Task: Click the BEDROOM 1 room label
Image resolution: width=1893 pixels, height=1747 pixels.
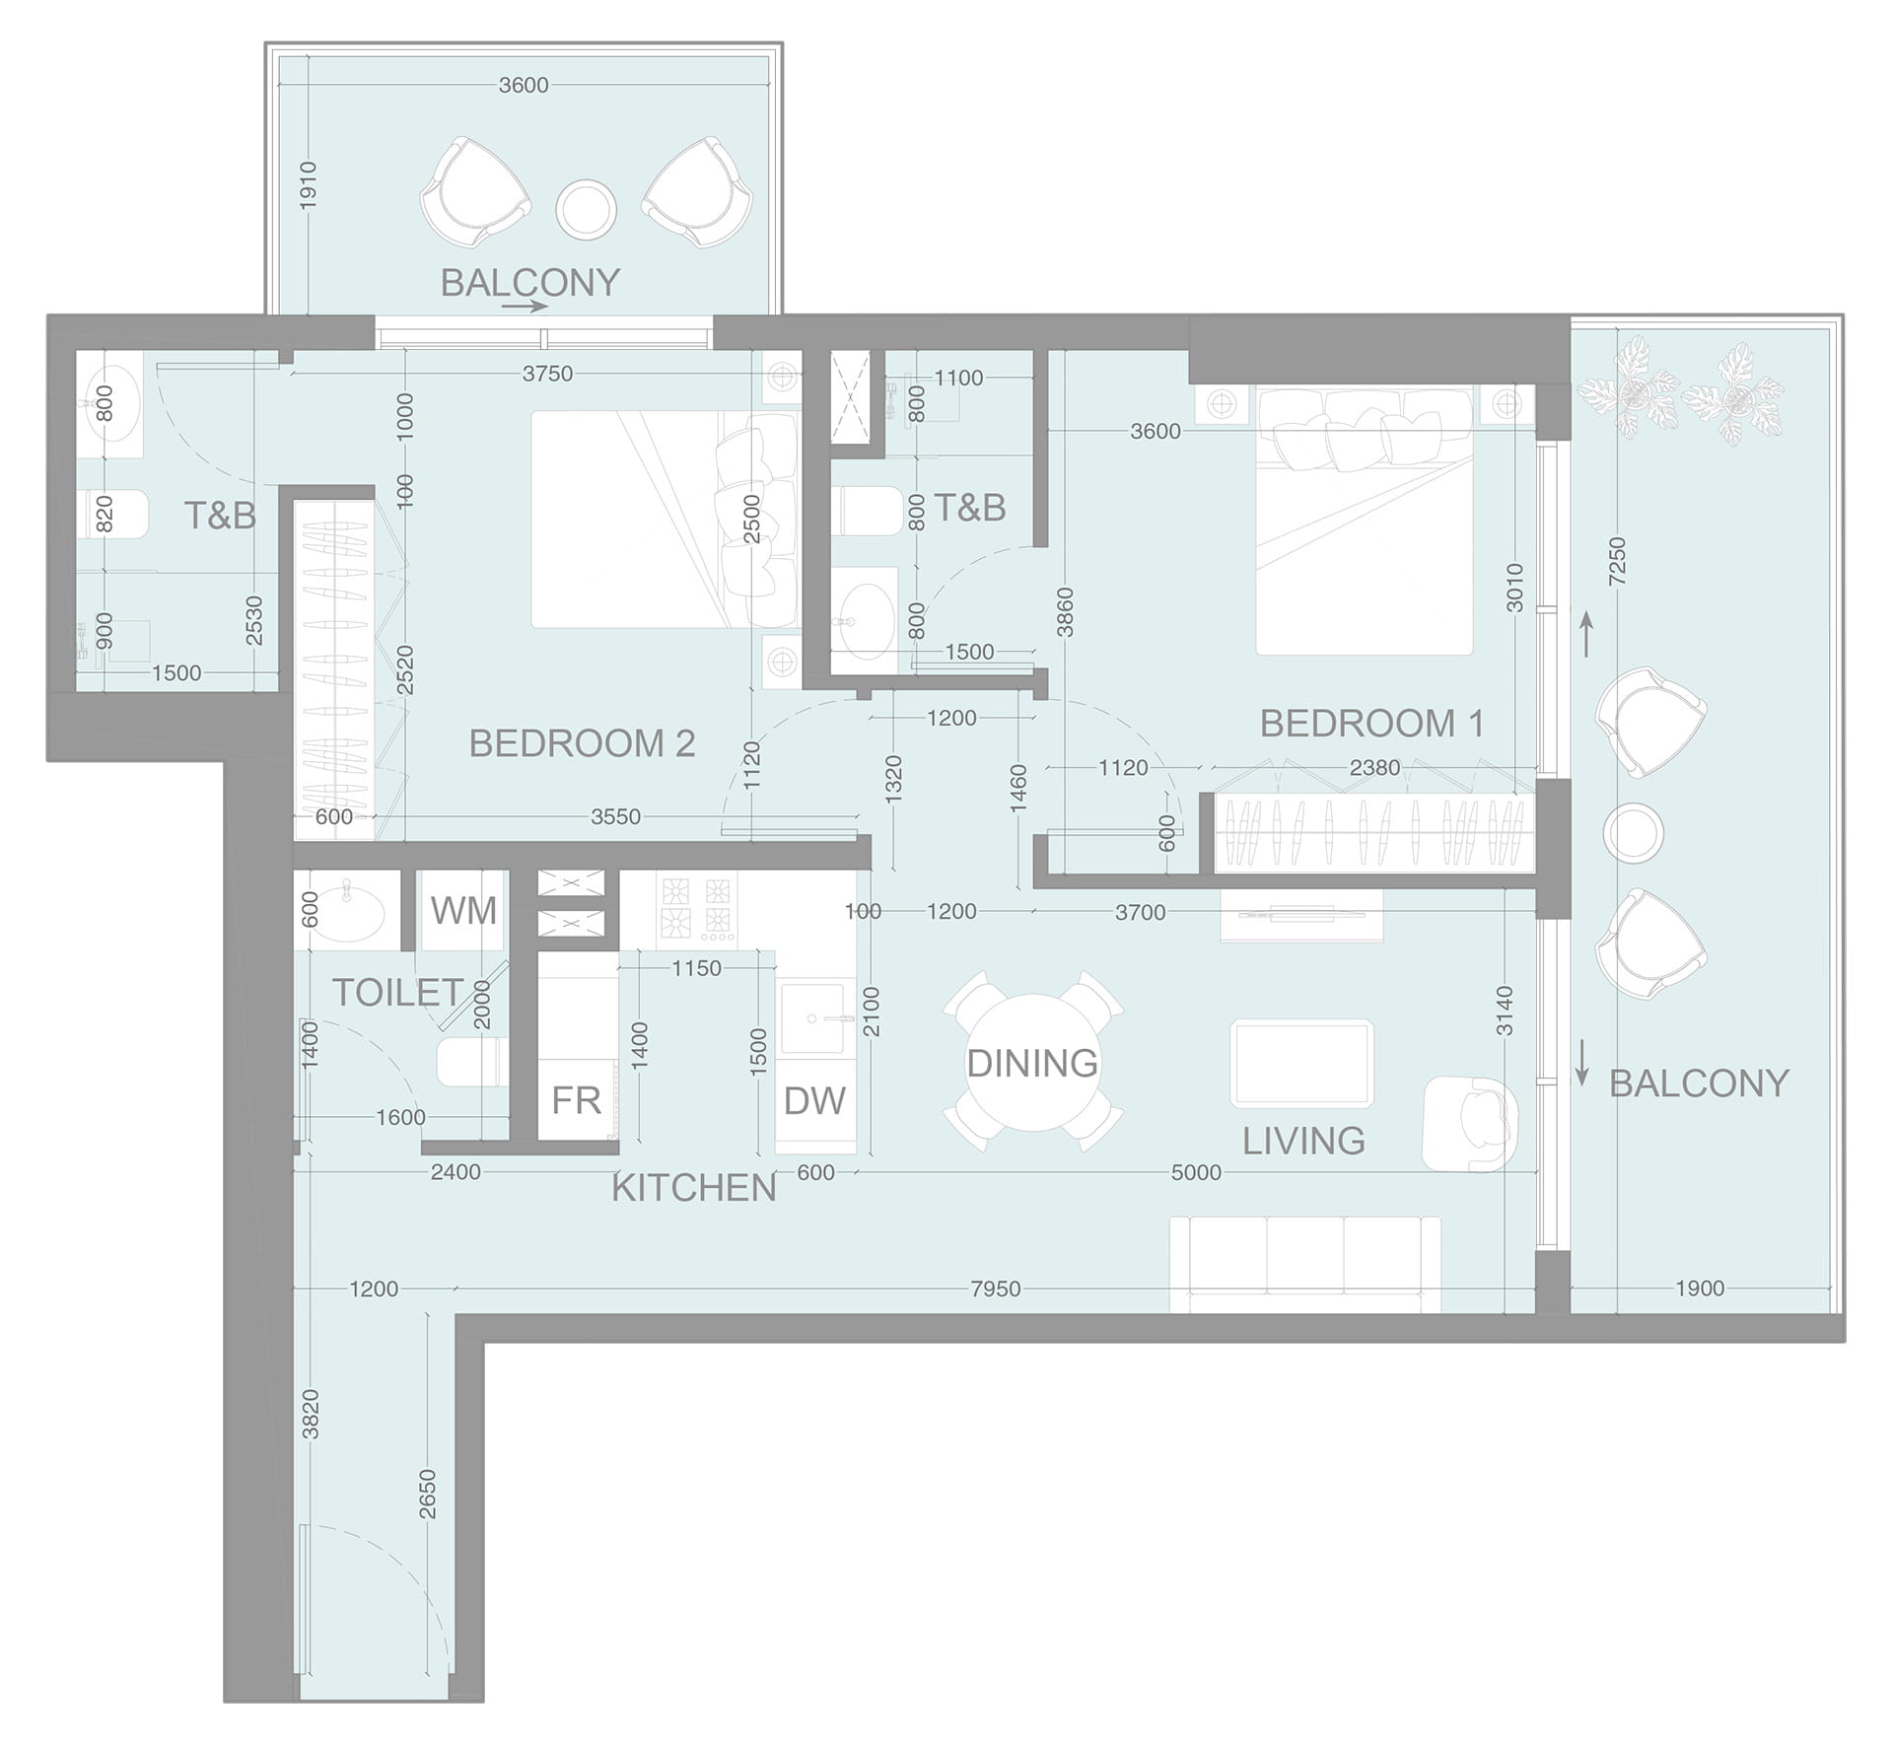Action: pos(1371,724)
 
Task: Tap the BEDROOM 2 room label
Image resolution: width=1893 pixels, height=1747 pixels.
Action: pos(582,743)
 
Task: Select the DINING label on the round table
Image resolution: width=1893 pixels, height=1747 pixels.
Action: pos(1032,1063)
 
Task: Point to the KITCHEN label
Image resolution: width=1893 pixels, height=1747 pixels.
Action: pos(694,1188)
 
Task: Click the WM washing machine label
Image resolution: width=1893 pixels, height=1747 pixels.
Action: pos(463,910)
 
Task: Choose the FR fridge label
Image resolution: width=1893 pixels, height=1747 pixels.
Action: pos(576,1100)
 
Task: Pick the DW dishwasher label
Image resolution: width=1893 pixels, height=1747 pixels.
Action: pos(814,1100)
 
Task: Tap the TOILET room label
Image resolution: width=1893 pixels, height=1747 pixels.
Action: pos(397,992)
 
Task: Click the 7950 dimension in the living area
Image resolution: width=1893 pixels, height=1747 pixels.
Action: pos(995,1289)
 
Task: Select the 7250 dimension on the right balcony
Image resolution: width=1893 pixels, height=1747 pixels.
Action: pos(1617,561)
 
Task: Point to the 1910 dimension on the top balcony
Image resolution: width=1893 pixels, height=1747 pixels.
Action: pos(309,185)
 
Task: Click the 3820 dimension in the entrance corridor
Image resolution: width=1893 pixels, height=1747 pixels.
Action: pos(311,1414)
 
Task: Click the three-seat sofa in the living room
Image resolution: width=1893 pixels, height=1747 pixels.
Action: pos(1305,1265)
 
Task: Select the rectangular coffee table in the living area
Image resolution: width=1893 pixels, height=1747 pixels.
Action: pos(1301,1064)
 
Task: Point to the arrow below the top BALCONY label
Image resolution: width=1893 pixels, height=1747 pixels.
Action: pos(525,307)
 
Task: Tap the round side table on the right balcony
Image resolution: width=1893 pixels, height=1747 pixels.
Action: pos(1634,833)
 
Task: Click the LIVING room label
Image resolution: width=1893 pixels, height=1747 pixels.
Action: pos(1303,1141)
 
